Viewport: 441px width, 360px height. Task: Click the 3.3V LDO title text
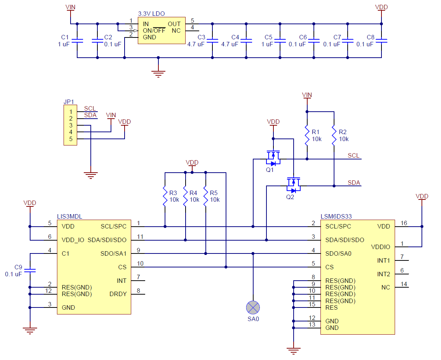coord(151,14)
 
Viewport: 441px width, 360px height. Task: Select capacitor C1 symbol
coord(77,40)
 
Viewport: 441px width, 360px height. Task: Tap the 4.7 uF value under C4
coord(230,44)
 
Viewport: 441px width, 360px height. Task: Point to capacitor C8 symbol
coord(381,40)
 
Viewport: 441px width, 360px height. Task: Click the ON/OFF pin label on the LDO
coord(154,30)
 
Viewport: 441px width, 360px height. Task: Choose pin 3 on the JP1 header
coord(71,125)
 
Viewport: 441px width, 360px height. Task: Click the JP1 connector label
coord(68,101)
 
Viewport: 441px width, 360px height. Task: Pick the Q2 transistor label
coord(290,197)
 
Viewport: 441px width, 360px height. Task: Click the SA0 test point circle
coord(253,307)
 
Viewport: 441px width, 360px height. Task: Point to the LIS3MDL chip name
coord(69,217)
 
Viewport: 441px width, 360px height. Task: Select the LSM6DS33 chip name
coord(334,217)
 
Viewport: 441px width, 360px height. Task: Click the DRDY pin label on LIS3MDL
coord(118,294)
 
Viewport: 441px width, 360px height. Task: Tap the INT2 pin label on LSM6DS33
coord(384,274)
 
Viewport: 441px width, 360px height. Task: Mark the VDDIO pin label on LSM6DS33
coord(381,247)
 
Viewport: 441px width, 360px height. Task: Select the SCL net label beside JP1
coord(90,108)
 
